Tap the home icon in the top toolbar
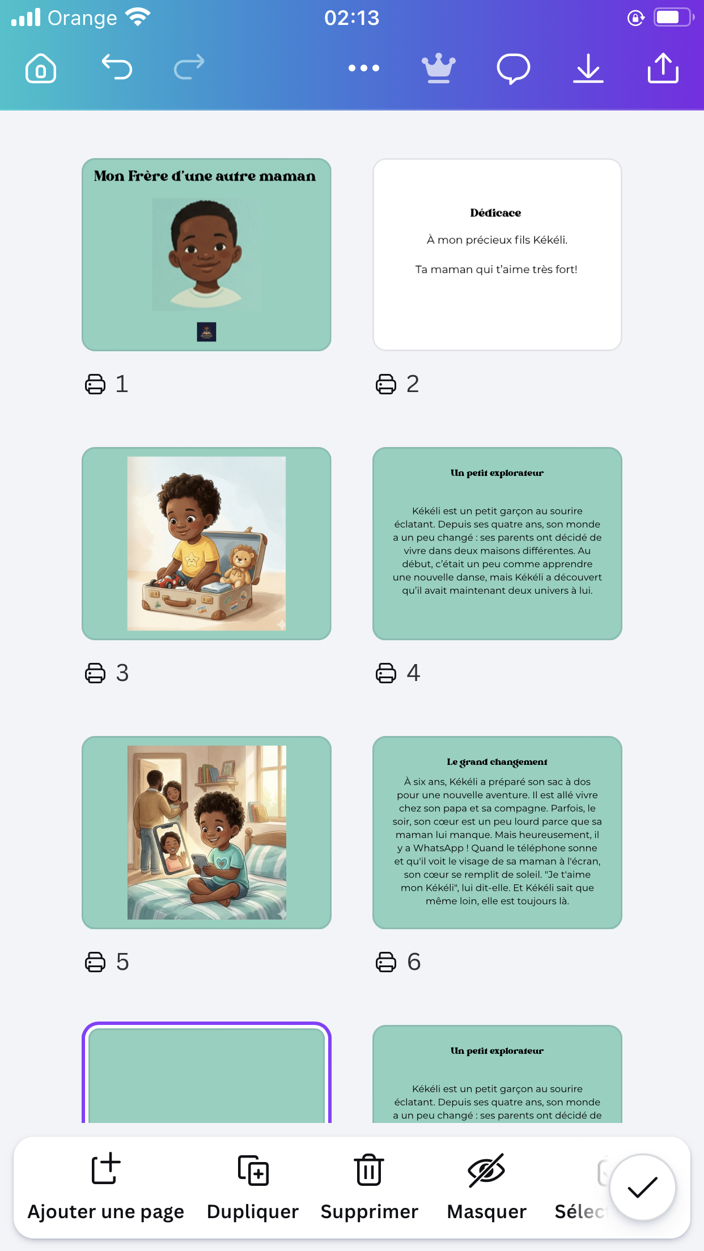click(x=41, y=69)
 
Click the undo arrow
click(x=117, y=67)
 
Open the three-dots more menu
click(x=364, y=68)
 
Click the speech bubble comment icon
click(x=514, y=69)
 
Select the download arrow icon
click(x=588, y=69)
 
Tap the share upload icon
click(x=663, y=68)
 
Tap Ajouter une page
click(x=106, y=1186)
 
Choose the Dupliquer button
click(x=253, y=1186)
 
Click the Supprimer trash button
click(x=370, y=1186)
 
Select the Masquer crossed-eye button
click(x=487, y=1186)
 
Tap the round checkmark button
click(x=642, y=1187)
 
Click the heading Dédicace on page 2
click(x=495, y=213)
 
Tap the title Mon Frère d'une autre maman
click(x=205, y=176)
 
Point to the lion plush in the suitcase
click(x=241, y=567)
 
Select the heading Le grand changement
click(x=497, y=762)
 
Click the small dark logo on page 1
click(x=206, y=332)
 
